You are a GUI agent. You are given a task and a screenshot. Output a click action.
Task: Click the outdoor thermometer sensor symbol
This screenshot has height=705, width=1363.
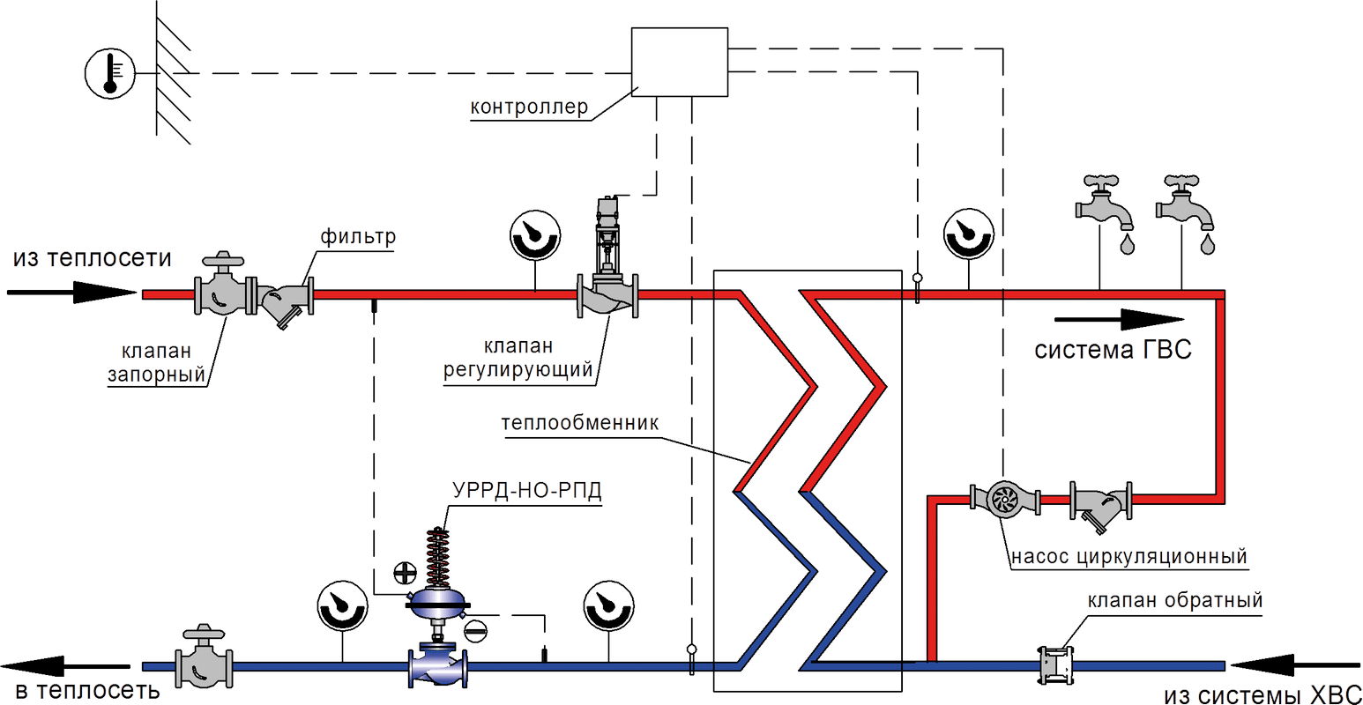109,72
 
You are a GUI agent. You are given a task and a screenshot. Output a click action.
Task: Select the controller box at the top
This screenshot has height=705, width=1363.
679,61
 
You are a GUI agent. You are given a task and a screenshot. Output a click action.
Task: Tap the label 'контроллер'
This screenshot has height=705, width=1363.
529,108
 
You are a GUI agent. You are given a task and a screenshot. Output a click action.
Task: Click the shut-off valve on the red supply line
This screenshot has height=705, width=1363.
225,293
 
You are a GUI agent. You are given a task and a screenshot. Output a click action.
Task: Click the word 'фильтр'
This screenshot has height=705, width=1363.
358,237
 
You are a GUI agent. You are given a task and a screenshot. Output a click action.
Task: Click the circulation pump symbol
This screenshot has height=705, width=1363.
1003,500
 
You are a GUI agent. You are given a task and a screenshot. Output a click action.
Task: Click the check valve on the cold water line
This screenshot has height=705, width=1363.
1054,664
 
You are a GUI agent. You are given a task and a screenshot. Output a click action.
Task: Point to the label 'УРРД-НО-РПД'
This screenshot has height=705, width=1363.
527,491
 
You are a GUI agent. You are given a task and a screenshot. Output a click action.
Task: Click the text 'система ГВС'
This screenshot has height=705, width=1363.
1113,350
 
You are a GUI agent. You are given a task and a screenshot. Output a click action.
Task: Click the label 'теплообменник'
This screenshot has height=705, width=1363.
580,423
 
